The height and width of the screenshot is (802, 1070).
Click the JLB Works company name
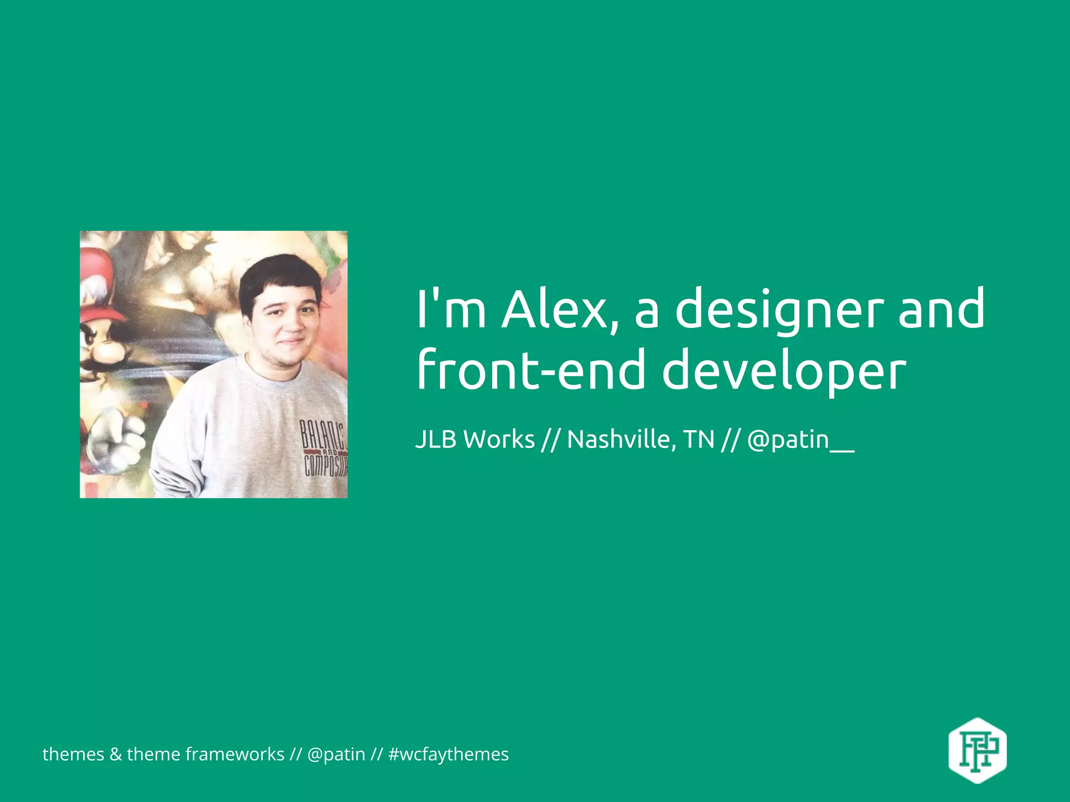[475, 439]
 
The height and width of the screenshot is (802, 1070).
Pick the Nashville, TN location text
[641, 439]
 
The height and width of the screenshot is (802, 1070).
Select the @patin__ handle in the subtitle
[800, 439]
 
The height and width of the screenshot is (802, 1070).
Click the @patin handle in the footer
[336, 754]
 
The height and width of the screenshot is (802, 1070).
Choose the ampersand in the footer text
[115, 754]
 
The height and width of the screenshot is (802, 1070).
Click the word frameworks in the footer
[235, 754]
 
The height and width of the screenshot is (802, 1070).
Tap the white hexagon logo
[977, 750]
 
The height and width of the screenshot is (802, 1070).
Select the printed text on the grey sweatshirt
[324, 449]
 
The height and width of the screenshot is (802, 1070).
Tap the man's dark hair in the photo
[280, 277]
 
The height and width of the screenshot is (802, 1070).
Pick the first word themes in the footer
[73, 754]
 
